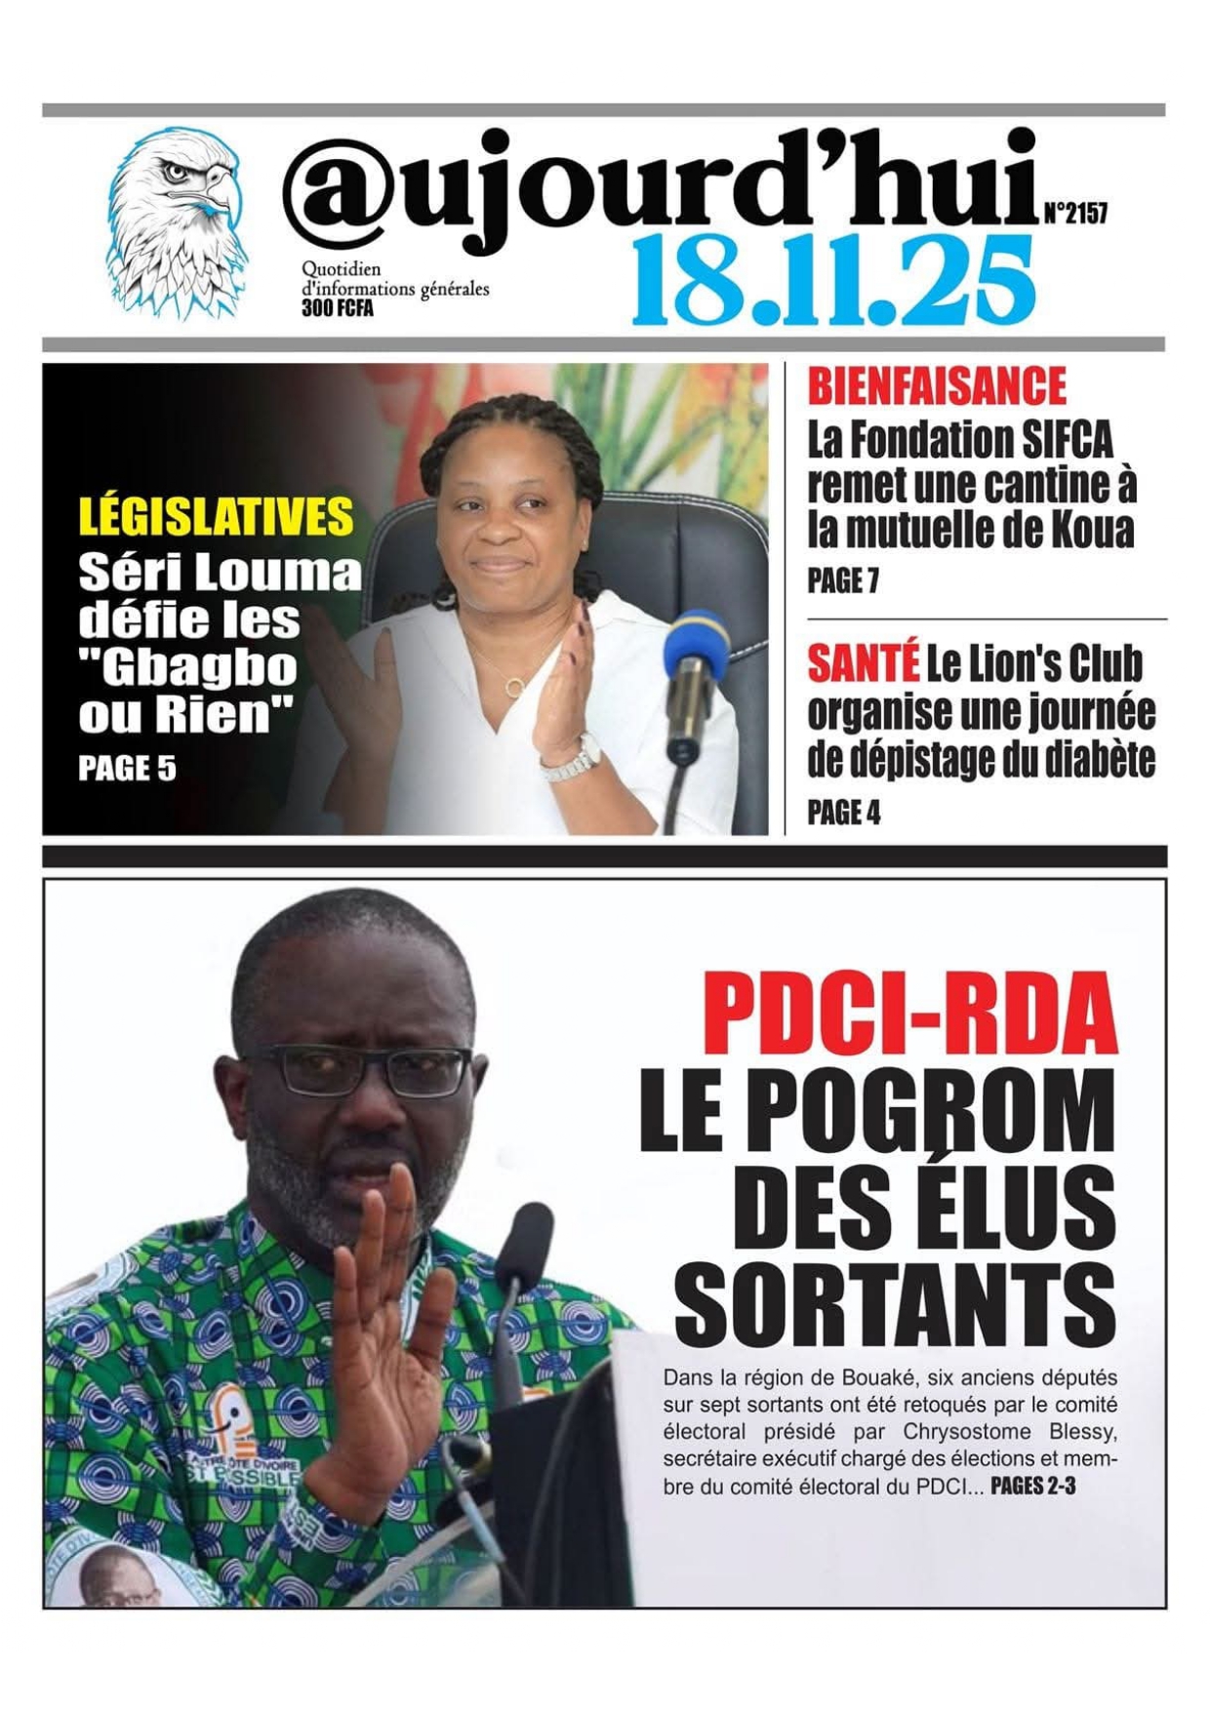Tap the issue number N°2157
1075,213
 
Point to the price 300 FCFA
337,309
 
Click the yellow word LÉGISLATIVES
216,516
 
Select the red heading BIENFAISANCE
937,386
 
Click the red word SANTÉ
863,664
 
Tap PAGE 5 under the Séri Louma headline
127,769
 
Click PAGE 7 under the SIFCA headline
843,581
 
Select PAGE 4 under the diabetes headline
843,813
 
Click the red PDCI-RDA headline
908,1014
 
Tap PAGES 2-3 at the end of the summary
1032,1487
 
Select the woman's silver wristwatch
572,759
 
